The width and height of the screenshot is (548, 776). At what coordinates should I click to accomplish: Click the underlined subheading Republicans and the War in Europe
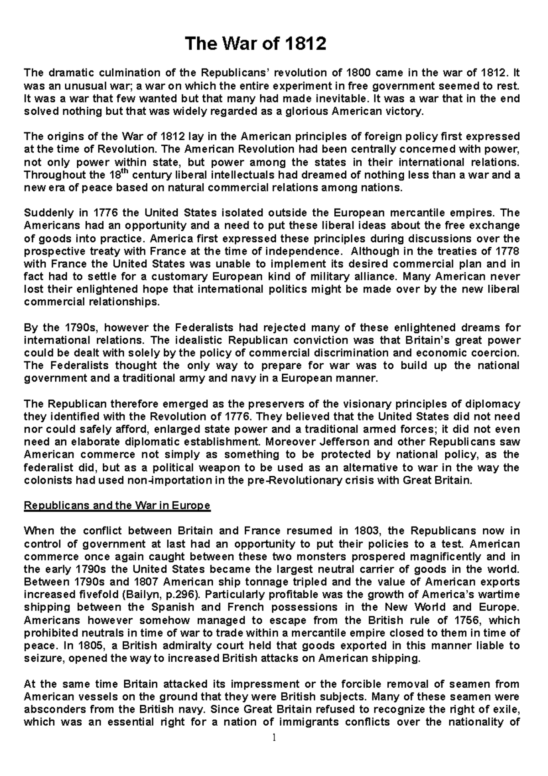click(117, 506)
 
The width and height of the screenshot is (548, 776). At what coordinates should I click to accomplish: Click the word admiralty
click(182, 646)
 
